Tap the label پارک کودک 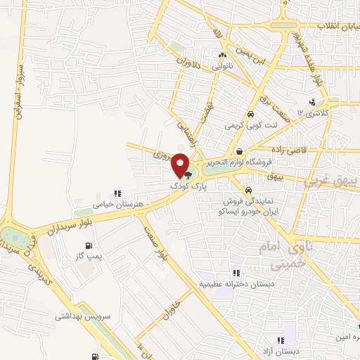185,186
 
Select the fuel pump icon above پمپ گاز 89,245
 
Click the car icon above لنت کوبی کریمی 250,114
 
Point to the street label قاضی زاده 287,150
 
